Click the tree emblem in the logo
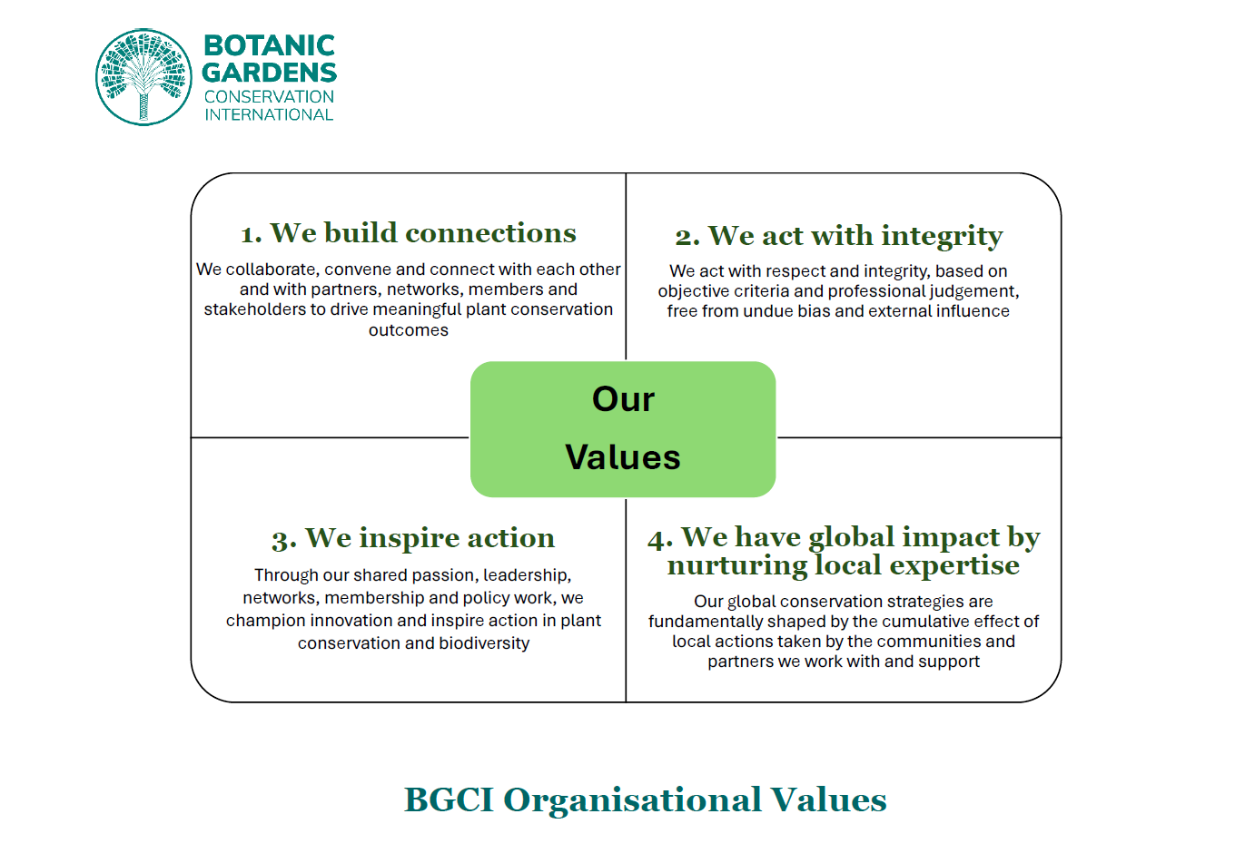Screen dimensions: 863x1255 tap(143, 77)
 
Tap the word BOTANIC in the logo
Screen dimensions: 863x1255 tap(269, 45)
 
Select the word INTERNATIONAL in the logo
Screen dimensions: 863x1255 tap(269, 115)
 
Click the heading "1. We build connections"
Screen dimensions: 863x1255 tap(409, 233)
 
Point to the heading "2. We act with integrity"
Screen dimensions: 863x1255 tap(838, 236)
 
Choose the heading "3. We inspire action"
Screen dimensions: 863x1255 tap(413, 538)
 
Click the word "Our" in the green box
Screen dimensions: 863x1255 tap(623, 399)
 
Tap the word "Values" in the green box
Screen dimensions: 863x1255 tap(623, 457)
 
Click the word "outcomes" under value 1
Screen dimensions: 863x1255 tap(409, 330)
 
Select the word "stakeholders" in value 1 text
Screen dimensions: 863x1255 tap(253, 309)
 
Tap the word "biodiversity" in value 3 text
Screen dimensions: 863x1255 tap(484, 643)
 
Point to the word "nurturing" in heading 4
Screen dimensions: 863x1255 tap(736, 565)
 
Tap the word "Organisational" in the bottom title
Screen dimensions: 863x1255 tap(632, 800)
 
